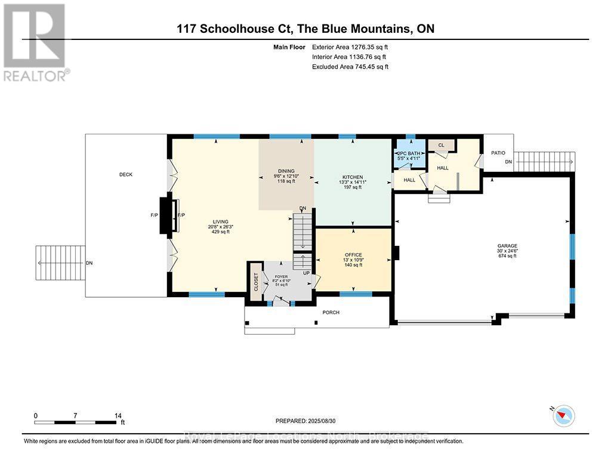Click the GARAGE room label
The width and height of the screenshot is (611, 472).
coord(508,245)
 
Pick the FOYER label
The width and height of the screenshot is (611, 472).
coord(280,276)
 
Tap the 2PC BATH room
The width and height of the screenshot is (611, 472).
coord(408,153)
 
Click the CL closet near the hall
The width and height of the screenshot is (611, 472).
coord(442,145)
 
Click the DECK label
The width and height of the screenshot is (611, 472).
coord(125,174)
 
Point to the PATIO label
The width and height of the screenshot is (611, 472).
coord(498,153)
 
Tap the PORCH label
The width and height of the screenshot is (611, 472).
coord(331,312)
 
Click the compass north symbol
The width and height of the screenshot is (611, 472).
coord(563,415)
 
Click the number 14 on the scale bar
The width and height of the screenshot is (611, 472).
coord(118,415)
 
